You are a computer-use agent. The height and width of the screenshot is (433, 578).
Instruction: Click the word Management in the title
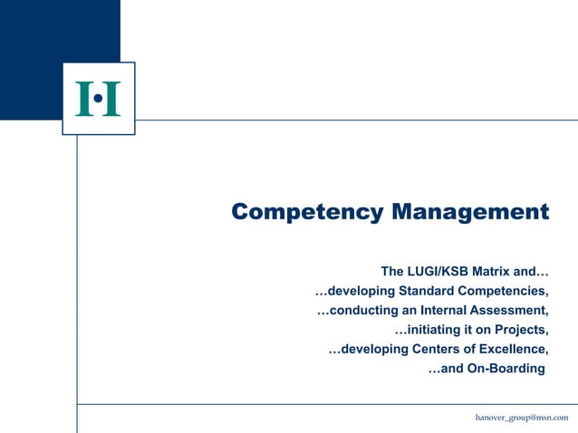click(470, 213)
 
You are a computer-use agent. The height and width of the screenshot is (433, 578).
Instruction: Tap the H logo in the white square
click(98, 99)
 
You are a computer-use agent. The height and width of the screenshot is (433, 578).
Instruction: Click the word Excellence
click(512, 350)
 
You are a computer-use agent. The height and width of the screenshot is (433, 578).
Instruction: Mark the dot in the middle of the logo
click(98, 98)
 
